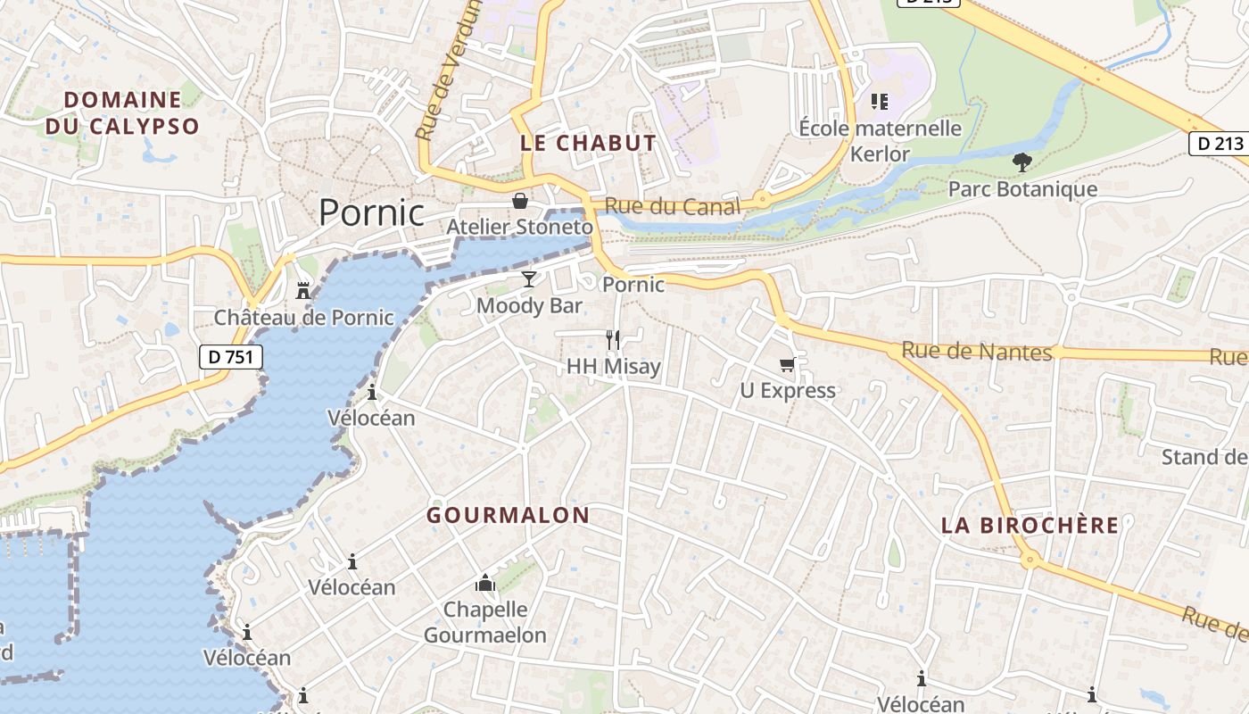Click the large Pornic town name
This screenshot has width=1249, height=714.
(371, 212)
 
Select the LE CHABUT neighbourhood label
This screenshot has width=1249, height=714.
(588, 143)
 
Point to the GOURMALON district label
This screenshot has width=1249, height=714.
(508, 515)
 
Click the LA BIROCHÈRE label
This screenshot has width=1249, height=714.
(1030, 526)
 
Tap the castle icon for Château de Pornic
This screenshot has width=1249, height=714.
(303, 290)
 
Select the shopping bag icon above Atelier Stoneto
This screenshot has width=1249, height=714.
(520, 201)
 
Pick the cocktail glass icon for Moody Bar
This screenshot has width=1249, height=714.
(529, 279)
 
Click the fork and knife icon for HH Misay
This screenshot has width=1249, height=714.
(613, 339)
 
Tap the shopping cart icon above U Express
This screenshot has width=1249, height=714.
(788, 363)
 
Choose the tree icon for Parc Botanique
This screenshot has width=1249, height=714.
(1022, 162)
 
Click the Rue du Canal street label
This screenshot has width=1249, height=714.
(673, 207)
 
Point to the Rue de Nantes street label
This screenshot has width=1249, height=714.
(977, 351)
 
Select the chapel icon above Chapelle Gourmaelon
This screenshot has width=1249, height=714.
(485, 584)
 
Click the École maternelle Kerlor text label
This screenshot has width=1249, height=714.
(880, 141)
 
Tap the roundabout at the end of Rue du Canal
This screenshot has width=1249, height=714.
(761, 199)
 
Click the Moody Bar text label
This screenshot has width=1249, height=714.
(529, 306)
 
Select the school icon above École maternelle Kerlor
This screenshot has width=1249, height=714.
(880, 102)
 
